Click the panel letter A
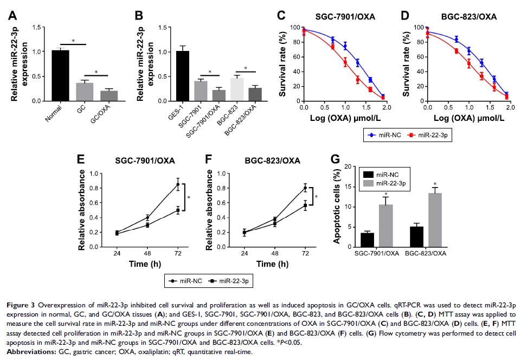click(12, 16)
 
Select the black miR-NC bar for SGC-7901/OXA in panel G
click(367, 237)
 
